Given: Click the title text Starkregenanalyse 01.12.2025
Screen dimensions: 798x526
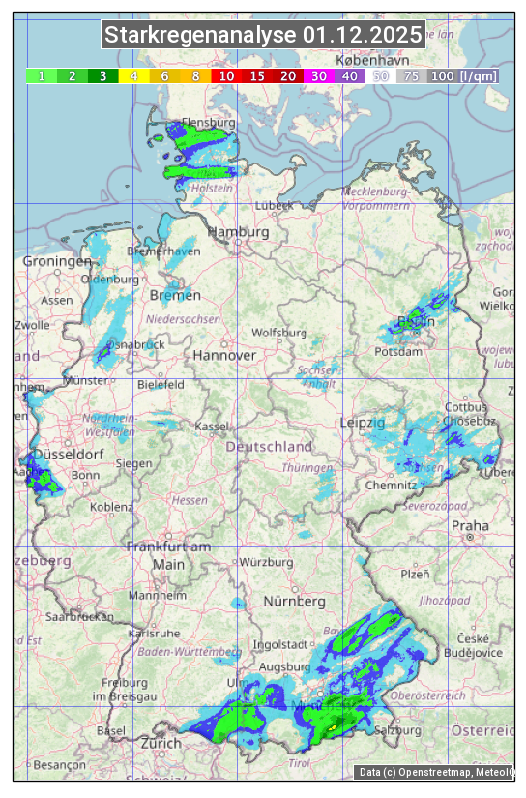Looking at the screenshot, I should pyautogui.click(x=263, y=36).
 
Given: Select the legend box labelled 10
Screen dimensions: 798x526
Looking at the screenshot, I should pyautogui.click(x=225, y=75).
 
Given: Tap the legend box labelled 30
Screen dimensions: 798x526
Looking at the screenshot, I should pyautogui.click(x=317, y=75).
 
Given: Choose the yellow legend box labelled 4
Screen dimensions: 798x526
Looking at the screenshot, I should pyautogui.click(x=133, y=75).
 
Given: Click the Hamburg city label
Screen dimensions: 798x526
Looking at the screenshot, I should pyautogui.click(x=239, y=232).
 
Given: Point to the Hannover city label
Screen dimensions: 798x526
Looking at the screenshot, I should pyautogui.click(x=224, y=355).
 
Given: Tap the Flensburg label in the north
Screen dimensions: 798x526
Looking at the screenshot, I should pyautogui.click(x=209, y=124).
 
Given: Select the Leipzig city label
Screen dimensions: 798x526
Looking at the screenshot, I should pyautogui.click(x=363, y=423).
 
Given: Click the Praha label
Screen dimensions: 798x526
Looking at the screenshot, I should pyautogui.click(x=469, y=525).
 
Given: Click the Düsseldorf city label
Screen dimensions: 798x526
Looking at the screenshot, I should pyautogui.click(x=68, y=455).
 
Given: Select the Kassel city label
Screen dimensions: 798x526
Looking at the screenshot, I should pyautogui.click(x=211, y=427).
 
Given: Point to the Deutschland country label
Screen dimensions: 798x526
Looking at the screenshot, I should pyautogui.click(x=269, y=447).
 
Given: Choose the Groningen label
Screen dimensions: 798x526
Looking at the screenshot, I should pyautogui.click(x=57, y=262).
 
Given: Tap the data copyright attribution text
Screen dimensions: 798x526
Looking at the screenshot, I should pyautogui.click(x=435, y=772).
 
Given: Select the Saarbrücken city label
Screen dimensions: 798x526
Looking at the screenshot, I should pyautogui.click(x=82, y=615).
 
